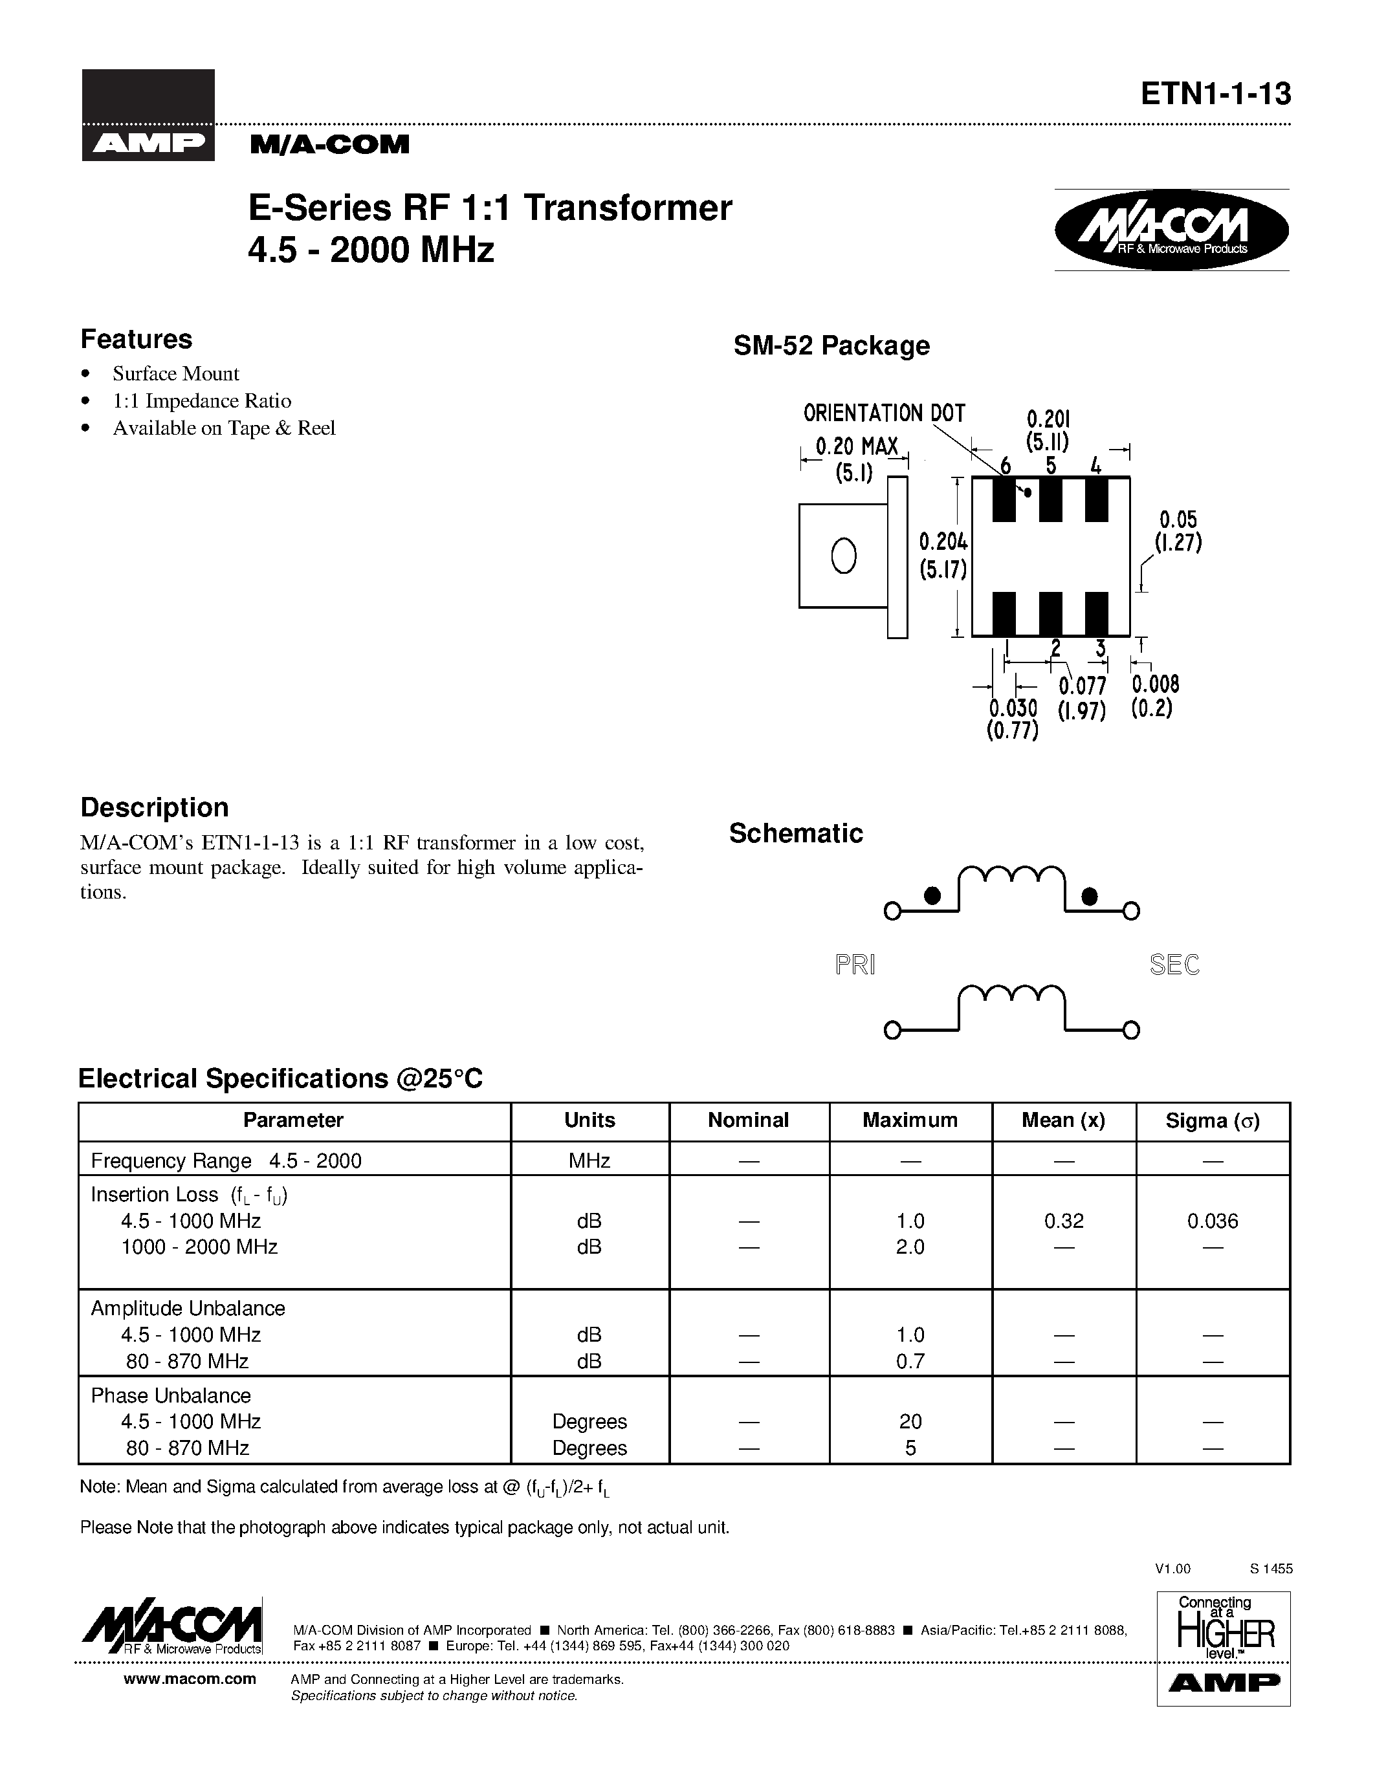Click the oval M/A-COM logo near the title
(1171, 230)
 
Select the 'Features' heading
(136, 339)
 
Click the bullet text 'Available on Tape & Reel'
(223, 428)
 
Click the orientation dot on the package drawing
(1028, 492)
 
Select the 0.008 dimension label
(1155, 684)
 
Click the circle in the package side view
(844, 556)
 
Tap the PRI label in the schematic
(855, 965)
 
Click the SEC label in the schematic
(1174, 965)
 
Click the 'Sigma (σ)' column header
(1212, 1121)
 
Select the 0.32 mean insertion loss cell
(1063, 1221)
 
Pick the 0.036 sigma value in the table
(1212, 1221)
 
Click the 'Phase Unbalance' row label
(171, 1395)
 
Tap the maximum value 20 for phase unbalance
(910, 1421)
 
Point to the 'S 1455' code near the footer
(1271, 1569)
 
